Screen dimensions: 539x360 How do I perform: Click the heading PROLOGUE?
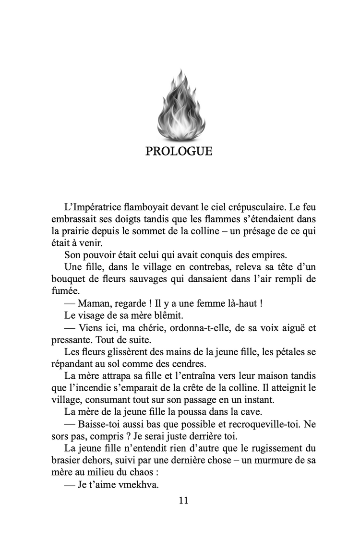tap(179, 152)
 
